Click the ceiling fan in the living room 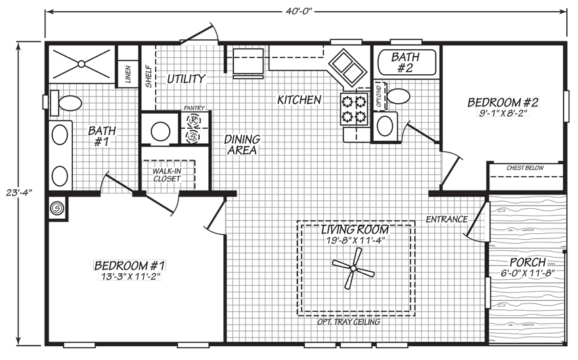coord(353,268)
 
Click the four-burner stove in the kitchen coord(354,109)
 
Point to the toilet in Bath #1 coord(66,103)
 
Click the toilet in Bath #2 coord(397,97)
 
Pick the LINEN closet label coord(128,74)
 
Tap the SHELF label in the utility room coord(148,76)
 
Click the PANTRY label coord(194,108)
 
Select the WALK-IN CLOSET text coord(167,175)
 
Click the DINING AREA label coord(242,145)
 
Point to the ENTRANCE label coord(447,219)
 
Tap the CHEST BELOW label coord(525,168)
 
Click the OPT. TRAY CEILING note coord(349,322)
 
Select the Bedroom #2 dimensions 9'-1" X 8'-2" coord(504,113)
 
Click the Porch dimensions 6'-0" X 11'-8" coord(528,273)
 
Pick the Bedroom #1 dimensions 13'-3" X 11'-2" coord(129,277)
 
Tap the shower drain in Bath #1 coord(81,64)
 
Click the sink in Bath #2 coord(385,125)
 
